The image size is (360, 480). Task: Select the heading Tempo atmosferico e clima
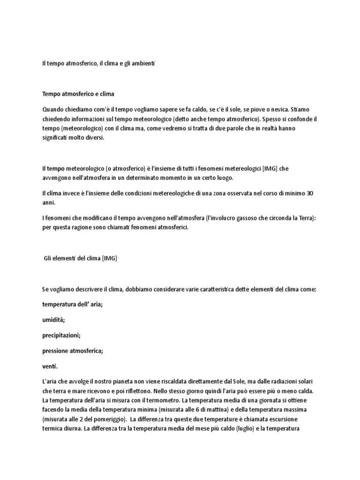tap(78, 94)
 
